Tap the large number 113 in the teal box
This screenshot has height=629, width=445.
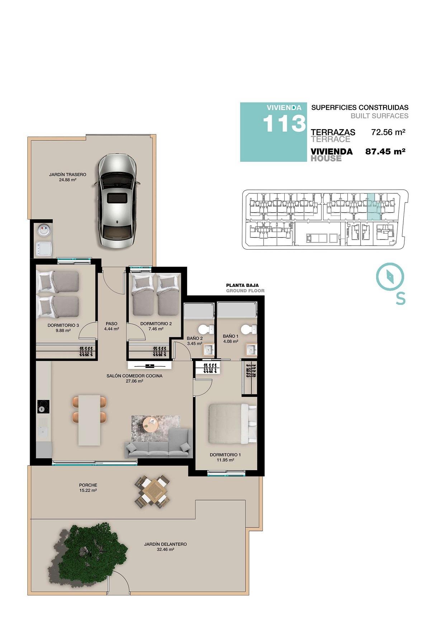point(284,124)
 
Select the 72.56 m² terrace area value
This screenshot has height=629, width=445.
point(388,132)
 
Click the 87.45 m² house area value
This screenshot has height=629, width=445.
point(385,151)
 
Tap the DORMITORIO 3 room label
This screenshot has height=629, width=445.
point(63,325)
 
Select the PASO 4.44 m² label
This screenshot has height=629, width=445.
point(112,326)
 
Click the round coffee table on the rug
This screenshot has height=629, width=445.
point(151,425)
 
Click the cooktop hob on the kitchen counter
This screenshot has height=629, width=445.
point(43,406)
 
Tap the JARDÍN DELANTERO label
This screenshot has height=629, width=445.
point(165,544)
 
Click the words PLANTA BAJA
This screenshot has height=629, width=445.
point(242,285)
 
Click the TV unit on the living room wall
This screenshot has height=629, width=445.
point(150,365)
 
